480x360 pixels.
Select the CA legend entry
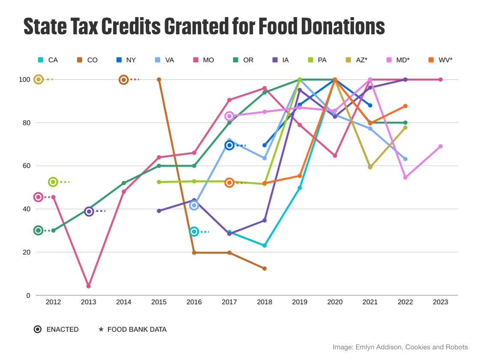tap(48, 60)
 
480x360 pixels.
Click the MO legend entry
tap(204, 60)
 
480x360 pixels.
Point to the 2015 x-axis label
tap(159, 302)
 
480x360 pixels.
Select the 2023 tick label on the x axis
tap(440, 302)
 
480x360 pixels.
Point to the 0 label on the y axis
tap(28, 295)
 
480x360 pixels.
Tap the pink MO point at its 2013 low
tap(89, 286)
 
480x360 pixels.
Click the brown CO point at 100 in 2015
tap(159, 79)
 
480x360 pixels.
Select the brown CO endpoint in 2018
tap(264, 269)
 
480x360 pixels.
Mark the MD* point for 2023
tap(440, 147)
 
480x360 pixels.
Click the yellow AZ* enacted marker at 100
tap(39, 79)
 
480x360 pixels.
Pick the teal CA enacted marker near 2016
tap(194, 231)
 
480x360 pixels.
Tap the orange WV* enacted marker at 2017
tap(229, 183)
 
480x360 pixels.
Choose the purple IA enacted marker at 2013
tap(89, 211)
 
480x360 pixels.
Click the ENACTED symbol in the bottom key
tap(38, 330)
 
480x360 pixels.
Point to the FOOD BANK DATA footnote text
tap(137, 330)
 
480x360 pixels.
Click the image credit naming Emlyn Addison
tap(400, 347)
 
